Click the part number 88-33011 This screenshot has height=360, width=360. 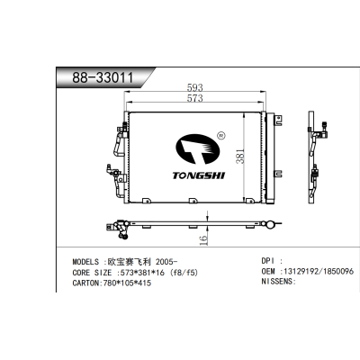pyautogui.click(x=103, y=77)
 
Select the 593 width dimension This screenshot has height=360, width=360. pyautogui.click(x=195, y=87)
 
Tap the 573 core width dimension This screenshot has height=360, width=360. pyautogui.click(x=195, y=98)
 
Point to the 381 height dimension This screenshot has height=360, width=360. pyautogui.click(x=240, y=156)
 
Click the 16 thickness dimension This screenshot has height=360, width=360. pyautogui.click(x=203, y=240)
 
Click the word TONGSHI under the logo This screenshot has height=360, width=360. pyautogui.click(x=199, y=175)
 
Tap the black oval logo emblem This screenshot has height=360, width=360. pyautogui.click(x=198, y=149)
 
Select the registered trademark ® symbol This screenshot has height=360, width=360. pyautogui.click(x=220, y=136)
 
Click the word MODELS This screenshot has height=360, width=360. pyautogui.click(x=85, y=262)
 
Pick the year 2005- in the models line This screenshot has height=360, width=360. pyautogui.click(x=165, y=262)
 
